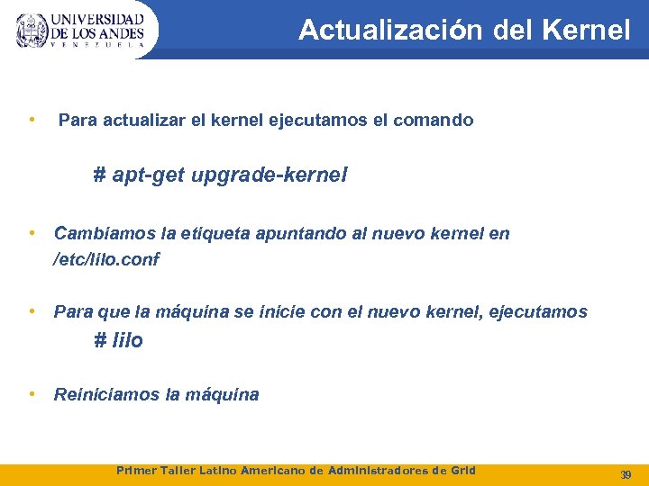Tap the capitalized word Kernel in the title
(587, 31)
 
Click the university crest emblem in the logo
(32, 31)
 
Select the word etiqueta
(213, 234)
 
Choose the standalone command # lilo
(119, 341)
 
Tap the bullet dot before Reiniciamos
(32, 393)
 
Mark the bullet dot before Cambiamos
(32, 233)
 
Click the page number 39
(626, 473)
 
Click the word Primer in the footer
(138, 471)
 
